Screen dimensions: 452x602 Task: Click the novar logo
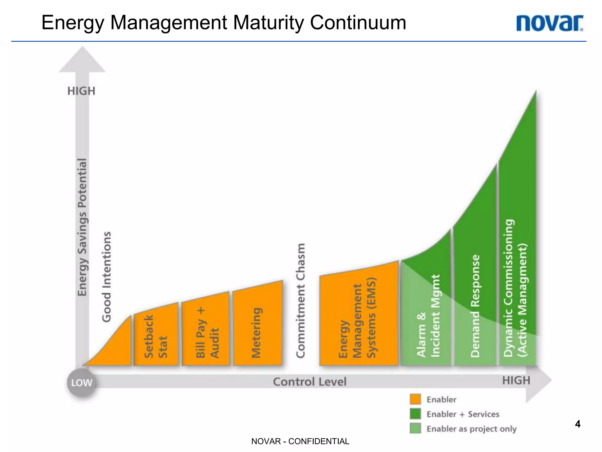[549, 23]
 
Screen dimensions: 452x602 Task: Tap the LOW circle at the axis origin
[82, 383]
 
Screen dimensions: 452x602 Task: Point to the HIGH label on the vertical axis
[81, 91]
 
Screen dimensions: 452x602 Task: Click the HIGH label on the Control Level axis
[516, 380]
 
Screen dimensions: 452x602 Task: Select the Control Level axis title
[310, 382]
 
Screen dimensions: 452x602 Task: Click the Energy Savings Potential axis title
[82, 227]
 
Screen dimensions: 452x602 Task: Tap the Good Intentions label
[106, 277]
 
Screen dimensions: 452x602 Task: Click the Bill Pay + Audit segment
[205, 333]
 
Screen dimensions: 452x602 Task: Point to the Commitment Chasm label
[300, 300]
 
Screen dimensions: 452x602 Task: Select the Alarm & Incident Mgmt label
[428, 316]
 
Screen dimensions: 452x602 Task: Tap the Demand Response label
[475, 306]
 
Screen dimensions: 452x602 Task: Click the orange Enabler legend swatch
[415, 399]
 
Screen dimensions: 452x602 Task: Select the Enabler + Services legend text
[463, 414]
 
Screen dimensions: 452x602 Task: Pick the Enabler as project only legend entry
[471, 429]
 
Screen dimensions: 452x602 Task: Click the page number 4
[578, 424]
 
